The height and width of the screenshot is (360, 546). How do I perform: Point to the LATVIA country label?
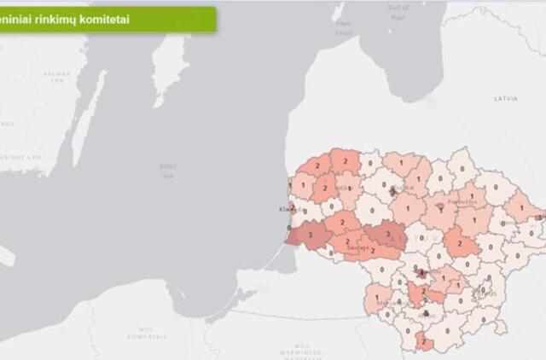[x=505, y=99]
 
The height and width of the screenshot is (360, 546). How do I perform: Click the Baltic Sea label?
[x=166, y=170]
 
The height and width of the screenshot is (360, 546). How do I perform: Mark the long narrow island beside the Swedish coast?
[x=90, y=115]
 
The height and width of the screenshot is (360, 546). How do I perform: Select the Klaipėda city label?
[x=285, y=209]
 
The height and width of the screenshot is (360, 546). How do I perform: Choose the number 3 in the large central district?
[x=387, y=232]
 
